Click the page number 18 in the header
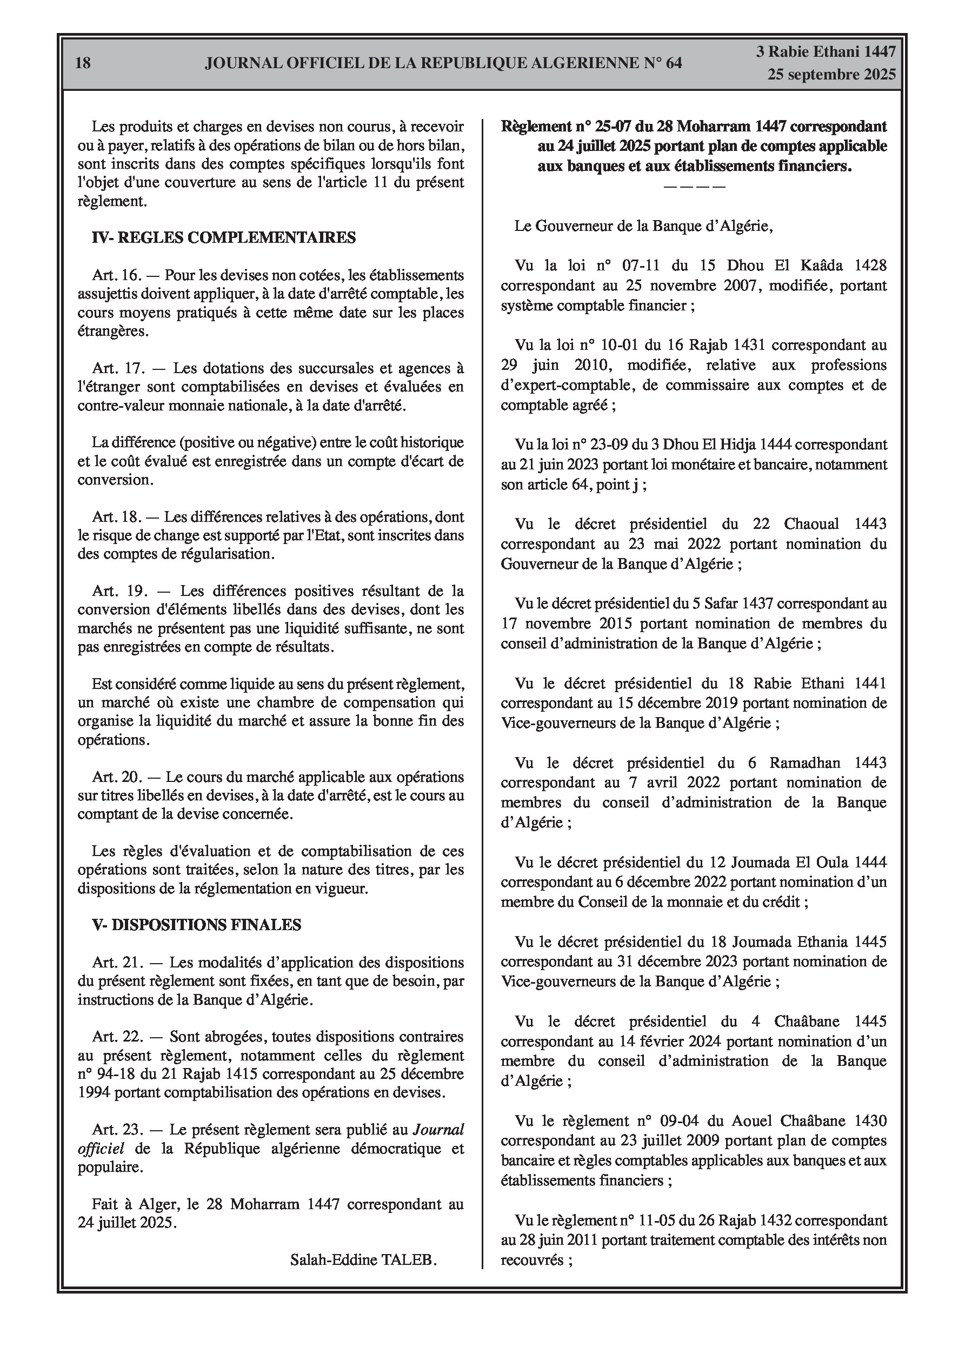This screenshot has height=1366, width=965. point(83,63)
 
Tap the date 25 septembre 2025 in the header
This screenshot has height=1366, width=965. point(831,75)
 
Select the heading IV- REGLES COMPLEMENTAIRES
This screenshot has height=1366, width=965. point(224,238)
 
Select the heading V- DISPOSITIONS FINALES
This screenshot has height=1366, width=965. point(196,925)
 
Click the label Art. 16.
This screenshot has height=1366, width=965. point(117,275)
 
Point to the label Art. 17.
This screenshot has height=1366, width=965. point(117,368)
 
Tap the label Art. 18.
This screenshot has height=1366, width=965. point(117,517)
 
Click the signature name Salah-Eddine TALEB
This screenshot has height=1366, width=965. point(363,1259)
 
